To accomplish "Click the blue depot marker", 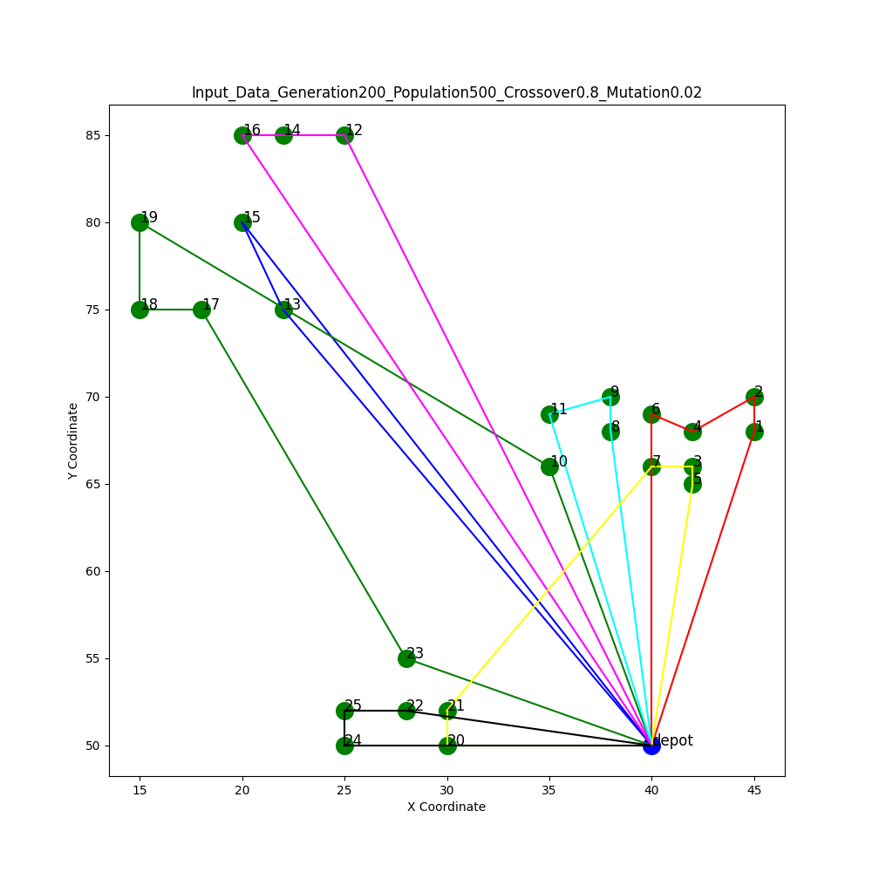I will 651,746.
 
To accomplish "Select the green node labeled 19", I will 140,222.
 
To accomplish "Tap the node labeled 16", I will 242,135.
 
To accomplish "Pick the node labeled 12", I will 344,135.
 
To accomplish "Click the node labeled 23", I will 406,658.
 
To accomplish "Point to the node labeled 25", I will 344,711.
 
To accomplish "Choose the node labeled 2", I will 754,397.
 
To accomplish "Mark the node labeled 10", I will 549,467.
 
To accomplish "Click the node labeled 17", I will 201,310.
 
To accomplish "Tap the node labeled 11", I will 549,414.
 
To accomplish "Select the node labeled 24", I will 344,746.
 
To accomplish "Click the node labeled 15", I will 242,222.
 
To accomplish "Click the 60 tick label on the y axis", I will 92,571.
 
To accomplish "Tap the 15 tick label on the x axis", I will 140,790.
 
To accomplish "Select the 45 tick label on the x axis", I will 754,790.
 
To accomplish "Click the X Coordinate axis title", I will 446,807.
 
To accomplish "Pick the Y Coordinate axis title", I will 73,440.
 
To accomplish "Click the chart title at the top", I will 446,92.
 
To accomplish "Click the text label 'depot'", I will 673,740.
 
